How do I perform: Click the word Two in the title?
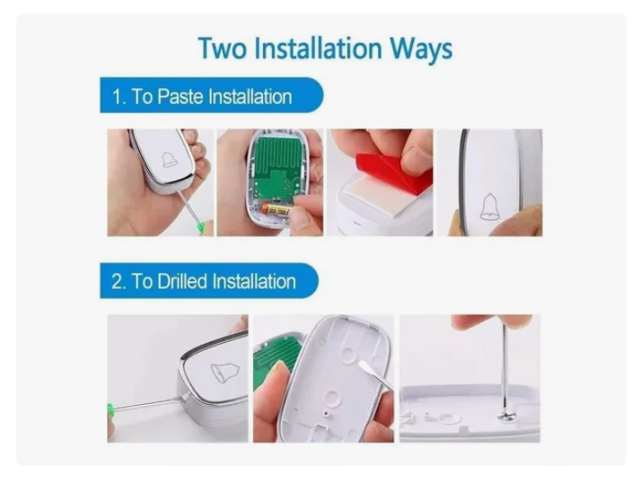click(x=222, y=48)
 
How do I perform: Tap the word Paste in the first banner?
click(x=180, y=97)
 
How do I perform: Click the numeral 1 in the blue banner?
click(x=117, y=97)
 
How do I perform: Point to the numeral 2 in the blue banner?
click(x=117, y=282)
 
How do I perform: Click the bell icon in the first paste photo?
click(x=169, y=160)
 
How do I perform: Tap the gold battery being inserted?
click(x=276, y=210)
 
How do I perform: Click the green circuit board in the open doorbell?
click(x=278, y=167)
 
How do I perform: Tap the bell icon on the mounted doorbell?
click(x=489, y=207)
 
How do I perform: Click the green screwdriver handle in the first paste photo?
click(x=201, y=227)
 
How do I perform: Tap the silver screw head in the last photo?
click(x=506, y=416)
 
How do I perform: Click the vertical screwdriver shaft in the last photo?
click(x=504, y=367)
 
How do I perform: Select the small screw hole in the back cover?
click(x=325, y=414)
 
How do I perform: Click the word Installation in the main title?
click(x=319, y=48)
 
